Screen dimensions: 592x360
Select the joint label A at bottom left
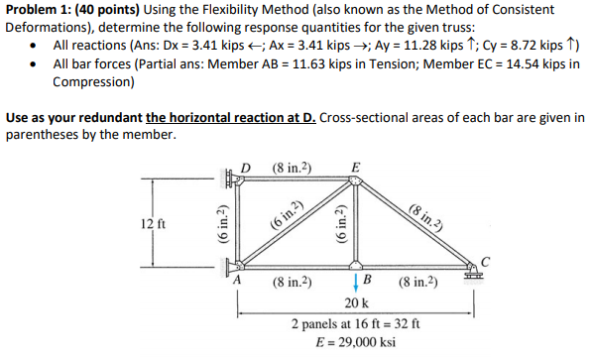pyautogui.click(x=237, y=279)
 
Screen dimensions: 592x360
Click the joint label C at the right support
pyautogui.click(x=485, y=261)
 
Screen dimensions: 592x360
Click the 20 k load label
pyautogui.click(x=356, y=300)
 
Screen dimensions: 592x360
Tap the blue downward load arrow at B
pyautogui.click(x=355, y=279)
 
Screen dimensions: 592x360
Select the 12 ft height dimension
pyautogui.click(x=153, y=223)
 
